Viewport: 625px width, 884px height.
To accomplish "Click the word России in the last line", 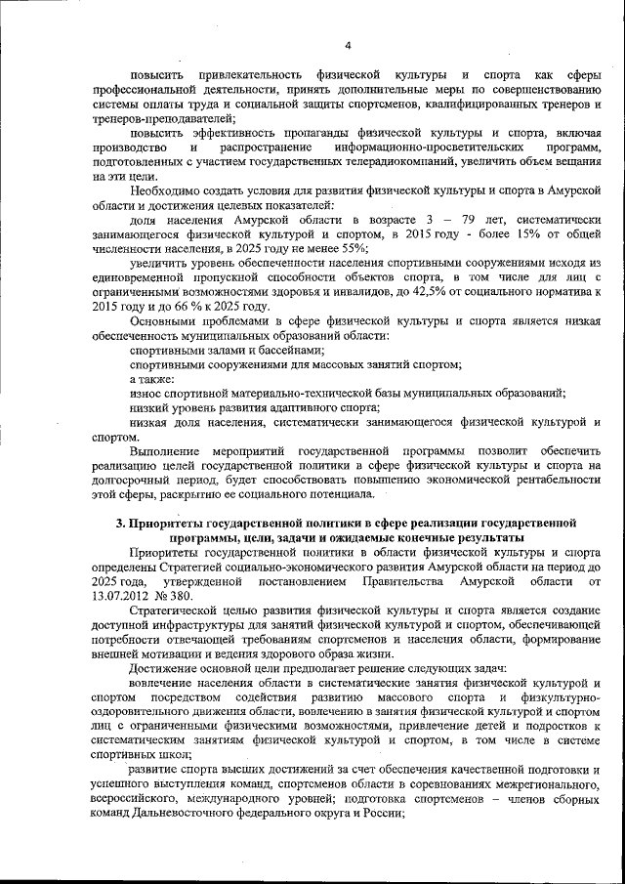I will pyautogui.click(x=381, y=813).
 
